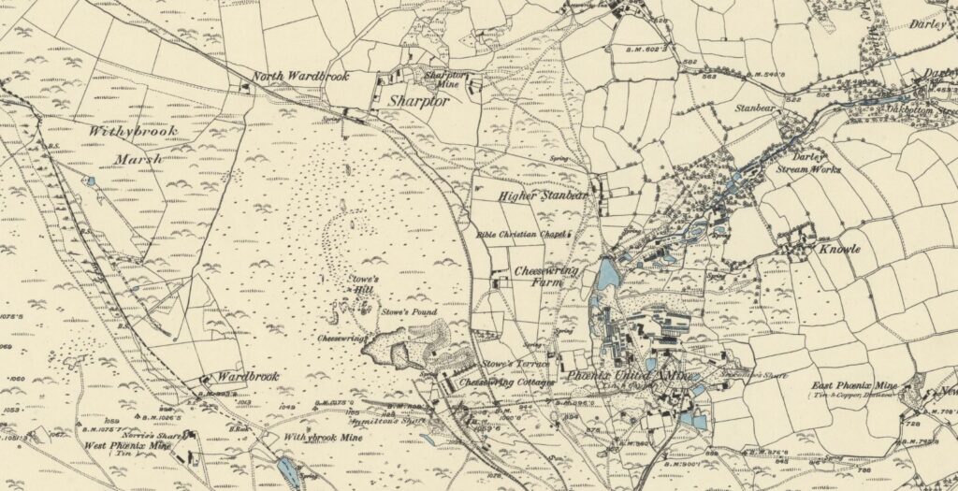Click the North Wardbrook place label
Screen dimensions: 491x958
(x=298, y=79)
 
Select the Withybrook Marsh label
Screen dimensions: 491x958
(x=126, y=145)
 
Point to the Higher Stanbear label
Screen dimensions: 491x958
(x=543, y=196)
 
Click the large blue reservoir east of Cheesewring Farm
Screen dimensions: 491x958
(x=608, y=274)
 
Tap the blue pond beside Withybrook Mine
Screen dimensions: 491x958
(x=289, y=473)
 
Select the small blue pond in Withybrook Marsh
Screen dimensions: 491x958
(x=90, y=181)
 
